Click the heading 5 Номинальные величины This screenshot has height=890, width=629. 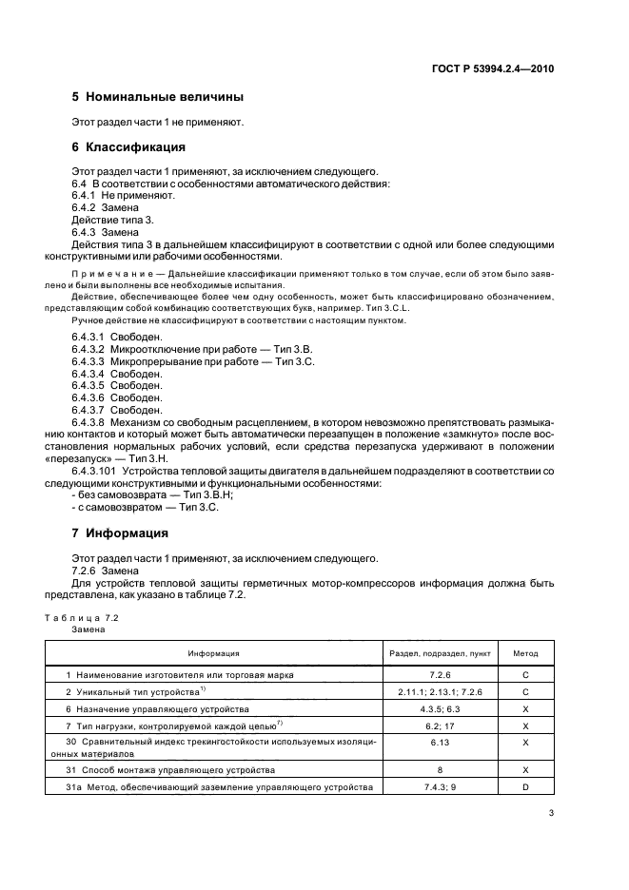[158, 97]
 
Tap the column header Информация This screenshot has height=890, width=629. [213, 654]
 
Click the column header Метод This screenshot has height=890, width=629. [525, 654]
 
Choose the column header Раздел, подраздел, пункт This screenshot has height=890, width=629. [441, 654]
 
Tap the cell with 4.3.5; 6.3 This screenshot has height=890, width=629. [441, 708]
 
